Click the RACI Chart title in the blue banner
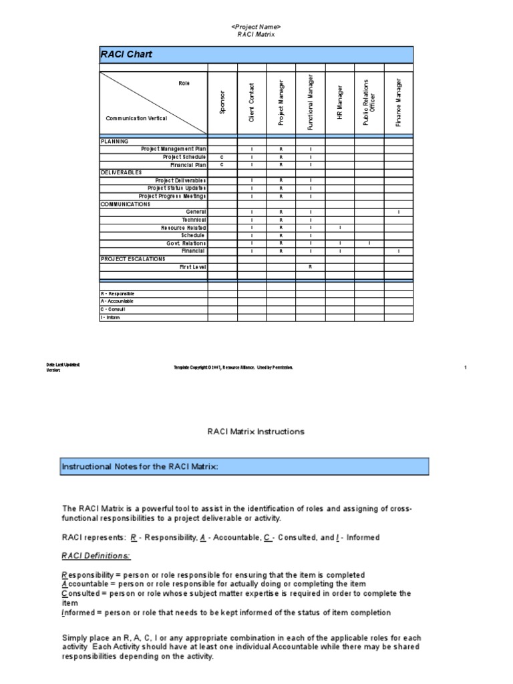126,54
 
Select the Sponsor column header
222,102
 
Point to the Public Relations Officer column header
369,102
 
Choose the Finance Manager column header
399,102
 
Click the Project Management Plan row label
174,148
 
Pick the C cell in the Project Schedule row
222,156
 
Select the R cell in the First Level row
311,267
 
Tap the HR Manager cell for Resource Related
340,228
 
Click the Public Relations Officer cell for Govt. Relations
369,243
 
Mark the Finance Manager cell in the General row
399,212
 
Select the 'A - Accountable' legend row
117,301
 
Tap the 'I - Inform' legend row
111,317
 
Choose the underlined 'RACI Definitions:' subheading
96,556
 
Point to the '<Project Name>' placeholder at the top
256,26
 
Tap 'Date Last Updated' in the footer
63,364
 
